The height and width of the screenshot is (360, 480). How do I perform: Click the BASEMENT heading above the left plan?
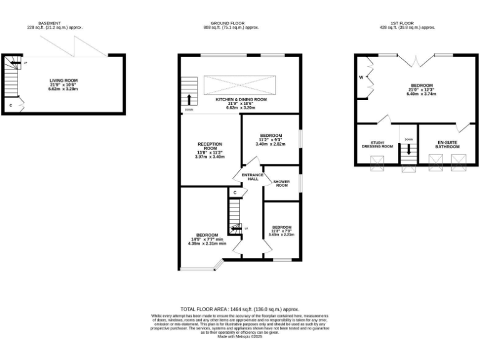48,23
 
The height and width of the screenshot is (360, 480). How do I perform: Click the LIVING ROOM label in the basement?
64,81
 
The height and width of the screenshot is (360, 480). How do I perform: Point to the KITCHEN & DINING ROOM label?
241,99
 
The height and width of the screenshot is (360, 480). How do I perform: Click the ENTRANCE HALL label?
252,177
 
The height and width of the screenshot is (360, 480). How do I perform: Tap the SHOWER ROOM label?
281,183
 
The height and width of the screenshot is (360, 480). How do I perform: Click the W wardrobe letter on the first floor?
361,78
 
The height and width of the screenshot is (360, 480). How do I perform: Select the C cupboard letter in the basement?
11,106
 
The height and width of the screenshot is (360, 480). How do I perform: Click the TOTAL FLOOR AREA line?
240,309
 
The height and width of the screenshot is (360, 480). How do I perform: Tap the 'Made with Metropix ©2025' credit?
240,337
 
